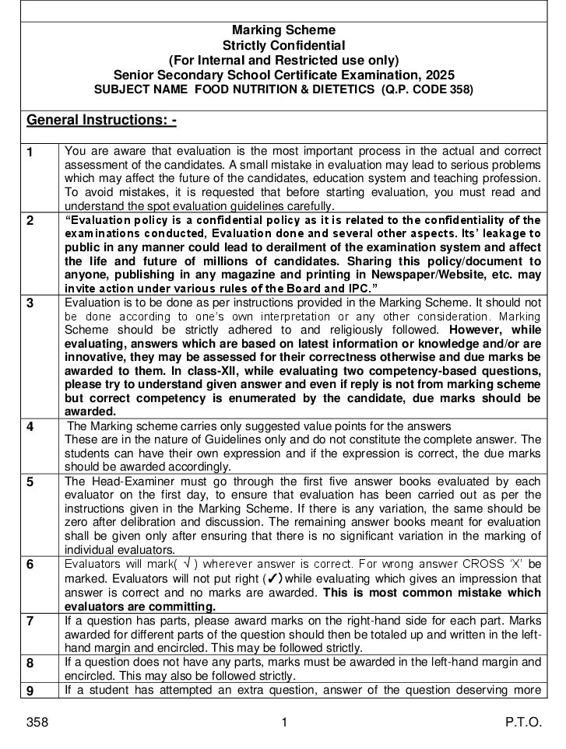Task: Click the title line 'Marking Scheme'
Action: pos(283,31)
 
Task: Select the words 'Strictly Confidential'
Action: pos(283,46)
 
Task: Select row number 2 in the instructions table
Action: pos(30,220)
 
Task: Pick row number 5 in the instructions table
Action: pos(30,481)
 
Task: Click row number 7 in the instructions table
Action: pos(30,621)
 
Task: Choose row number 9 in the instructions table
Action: pos(30,690)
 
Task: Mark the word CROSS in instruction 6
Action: pos(483,563)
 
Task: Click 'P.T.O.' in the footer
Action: pos(523,723)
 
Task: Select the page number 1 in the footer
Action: pos(284,723)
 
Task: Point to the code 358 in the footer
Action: pos(37,723)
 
